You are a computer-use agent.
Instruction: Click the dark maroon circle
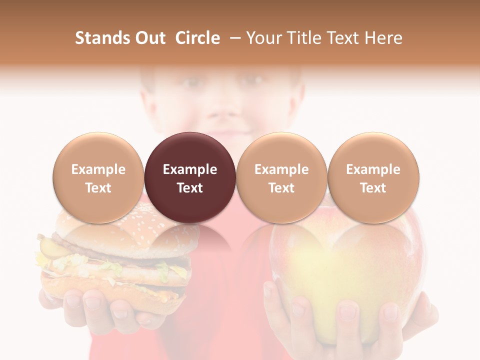190,177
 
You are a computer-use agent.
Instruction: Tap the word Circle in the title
197,38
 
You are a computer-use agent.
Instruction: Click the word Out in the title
149,38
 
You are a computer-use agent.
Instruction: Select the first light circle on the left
98,177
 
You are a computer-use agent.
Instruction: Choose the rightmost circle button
373,177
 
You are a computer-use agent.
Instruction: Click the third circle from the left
281,177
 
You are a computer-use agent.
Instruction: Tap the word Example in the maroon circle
190,169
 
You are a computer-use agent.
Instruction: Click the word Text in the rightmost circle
373,188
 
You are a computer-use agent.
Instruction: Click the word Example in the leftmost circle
98,169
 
